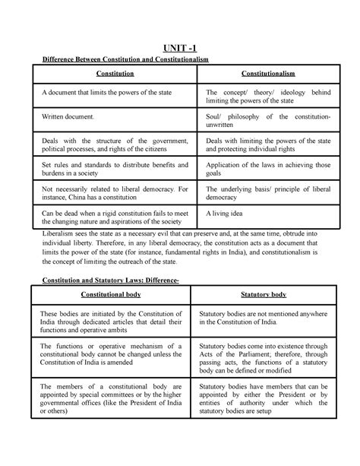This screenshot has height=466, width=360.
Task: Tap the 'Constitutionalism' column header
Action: [264, 74]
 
